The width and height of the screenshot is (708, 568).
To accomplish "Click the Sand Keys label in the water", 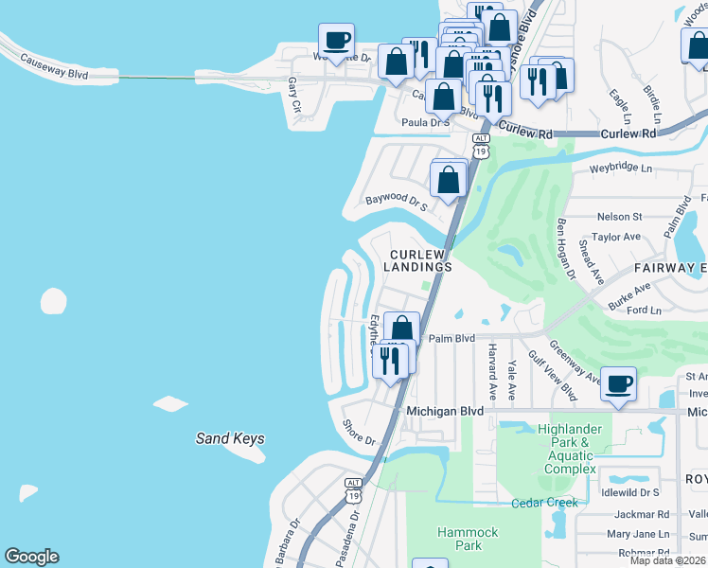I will [x=229, y=438].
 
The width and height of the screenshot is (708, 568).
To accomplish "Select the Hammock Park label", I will [x=467, y=540].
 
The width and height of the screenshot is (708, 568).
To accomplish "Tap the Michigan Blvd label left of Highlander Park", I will [x=444, y=412].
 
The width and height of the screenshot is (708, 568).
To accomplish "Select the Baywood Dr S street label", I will [x=398, y=202].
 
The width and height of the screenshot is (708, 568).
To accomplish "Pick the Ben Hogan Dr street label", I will [x=566, y=249].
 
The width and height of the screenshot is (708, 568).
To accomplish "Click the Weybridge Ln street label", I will [x=621, y=169].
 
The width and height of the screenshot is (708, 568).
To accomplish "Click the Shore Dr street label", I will [x=359, y=434].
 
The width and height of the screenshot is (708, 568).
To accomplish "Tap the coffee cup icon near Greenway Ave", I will [x=618, y=383].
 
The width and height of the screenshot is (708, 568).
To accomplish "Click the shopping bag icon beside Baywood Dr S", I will [x=449, y=177].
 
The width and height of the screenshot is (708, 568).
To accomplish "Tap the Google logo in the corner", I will [x=31, y=557].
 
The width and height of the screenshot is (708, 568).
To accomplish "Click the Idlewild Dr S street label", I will [x=629, y=493].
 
